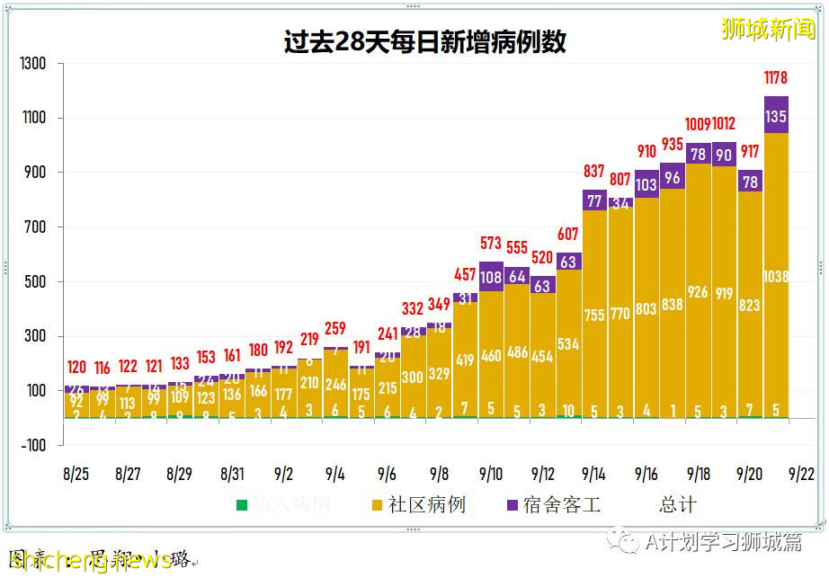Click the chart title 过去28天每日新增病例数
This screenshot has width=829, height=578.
425,42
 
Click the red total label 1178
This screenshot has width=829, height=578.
775,78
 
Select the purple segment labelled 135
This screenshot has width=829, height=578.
775,115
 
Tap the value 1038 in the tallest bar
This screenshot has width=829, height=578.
775,277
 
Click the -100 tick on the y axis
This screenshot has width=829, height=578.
33,446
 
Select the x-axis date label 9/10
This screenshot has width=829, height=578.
490,474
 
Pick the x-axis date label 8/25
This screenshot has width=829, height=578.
76,474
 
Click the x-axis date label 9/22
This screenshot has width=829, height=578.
800,474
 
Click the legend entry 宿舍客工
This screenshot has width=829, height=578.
552,505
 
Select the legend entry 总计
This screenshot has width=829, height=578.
677,505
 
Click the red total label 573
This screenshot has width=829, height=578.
491,244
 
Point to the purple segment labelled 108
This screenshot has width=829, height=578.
491,278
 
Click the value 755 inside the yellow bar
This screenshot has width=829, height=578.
595,316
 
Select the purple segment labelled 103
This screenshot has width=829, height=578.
646,184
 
